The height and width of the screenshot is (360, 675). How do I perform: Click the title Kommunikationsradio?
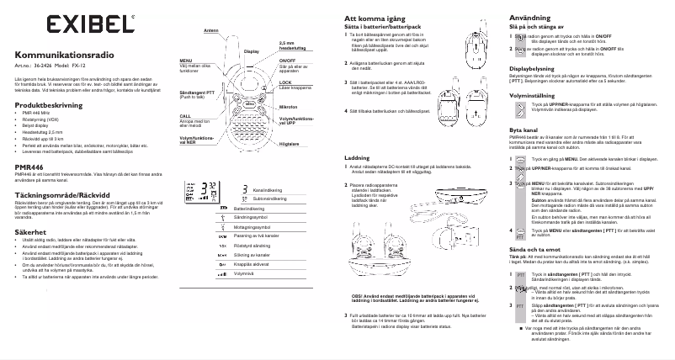(62, 53)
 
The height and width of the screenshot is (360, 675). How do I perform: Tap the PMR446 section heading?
(29, 167)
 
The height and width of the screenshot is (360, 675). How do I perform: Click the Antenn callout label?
(212, 30)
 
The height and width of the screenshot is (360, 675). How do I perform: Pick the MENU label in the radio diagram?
(186, 61)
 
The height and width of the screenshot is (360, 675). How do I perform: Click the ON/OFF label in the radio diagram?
(288, 61)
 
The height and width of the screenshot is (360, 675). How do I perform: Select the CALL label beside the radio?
(185, 115)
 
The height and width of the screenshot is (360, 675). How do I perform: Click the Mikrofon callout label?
(289, 108)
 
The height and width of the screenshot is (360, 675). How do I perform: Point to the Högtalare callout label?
(290, 145)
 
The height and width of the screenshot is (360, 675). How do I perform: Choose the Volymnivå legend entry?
(243, 273)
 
